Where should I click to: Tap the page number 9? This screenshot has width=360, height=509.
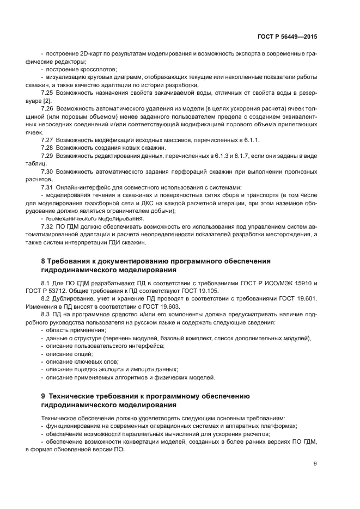pos(315,463)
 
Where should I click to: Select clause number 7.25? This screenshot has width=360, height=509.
pos(47,93)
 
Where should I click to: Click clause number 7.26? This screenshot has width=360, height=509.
pos(47,108)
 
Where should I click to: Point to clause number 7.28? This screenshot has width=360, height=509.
pos(47,148)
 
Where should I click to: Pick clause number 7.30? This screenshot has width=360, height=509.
pos(47,171)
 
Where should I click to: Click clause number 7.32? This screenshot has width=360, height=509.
pos(47,226)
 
